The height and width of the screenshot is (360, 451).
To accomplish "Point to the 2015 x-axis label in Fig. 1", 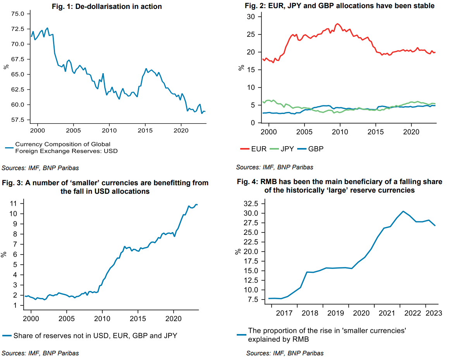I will point(145,131).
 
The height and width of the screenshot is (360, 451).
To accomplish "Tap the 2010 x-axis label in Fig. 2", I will point(340,132).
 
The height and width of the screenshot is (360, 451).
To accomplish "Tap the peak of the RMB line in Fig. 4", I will point(403,211).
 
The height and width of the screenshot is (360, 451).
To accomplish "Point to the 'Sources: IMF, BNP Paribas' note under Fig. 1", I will point(40,168).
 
